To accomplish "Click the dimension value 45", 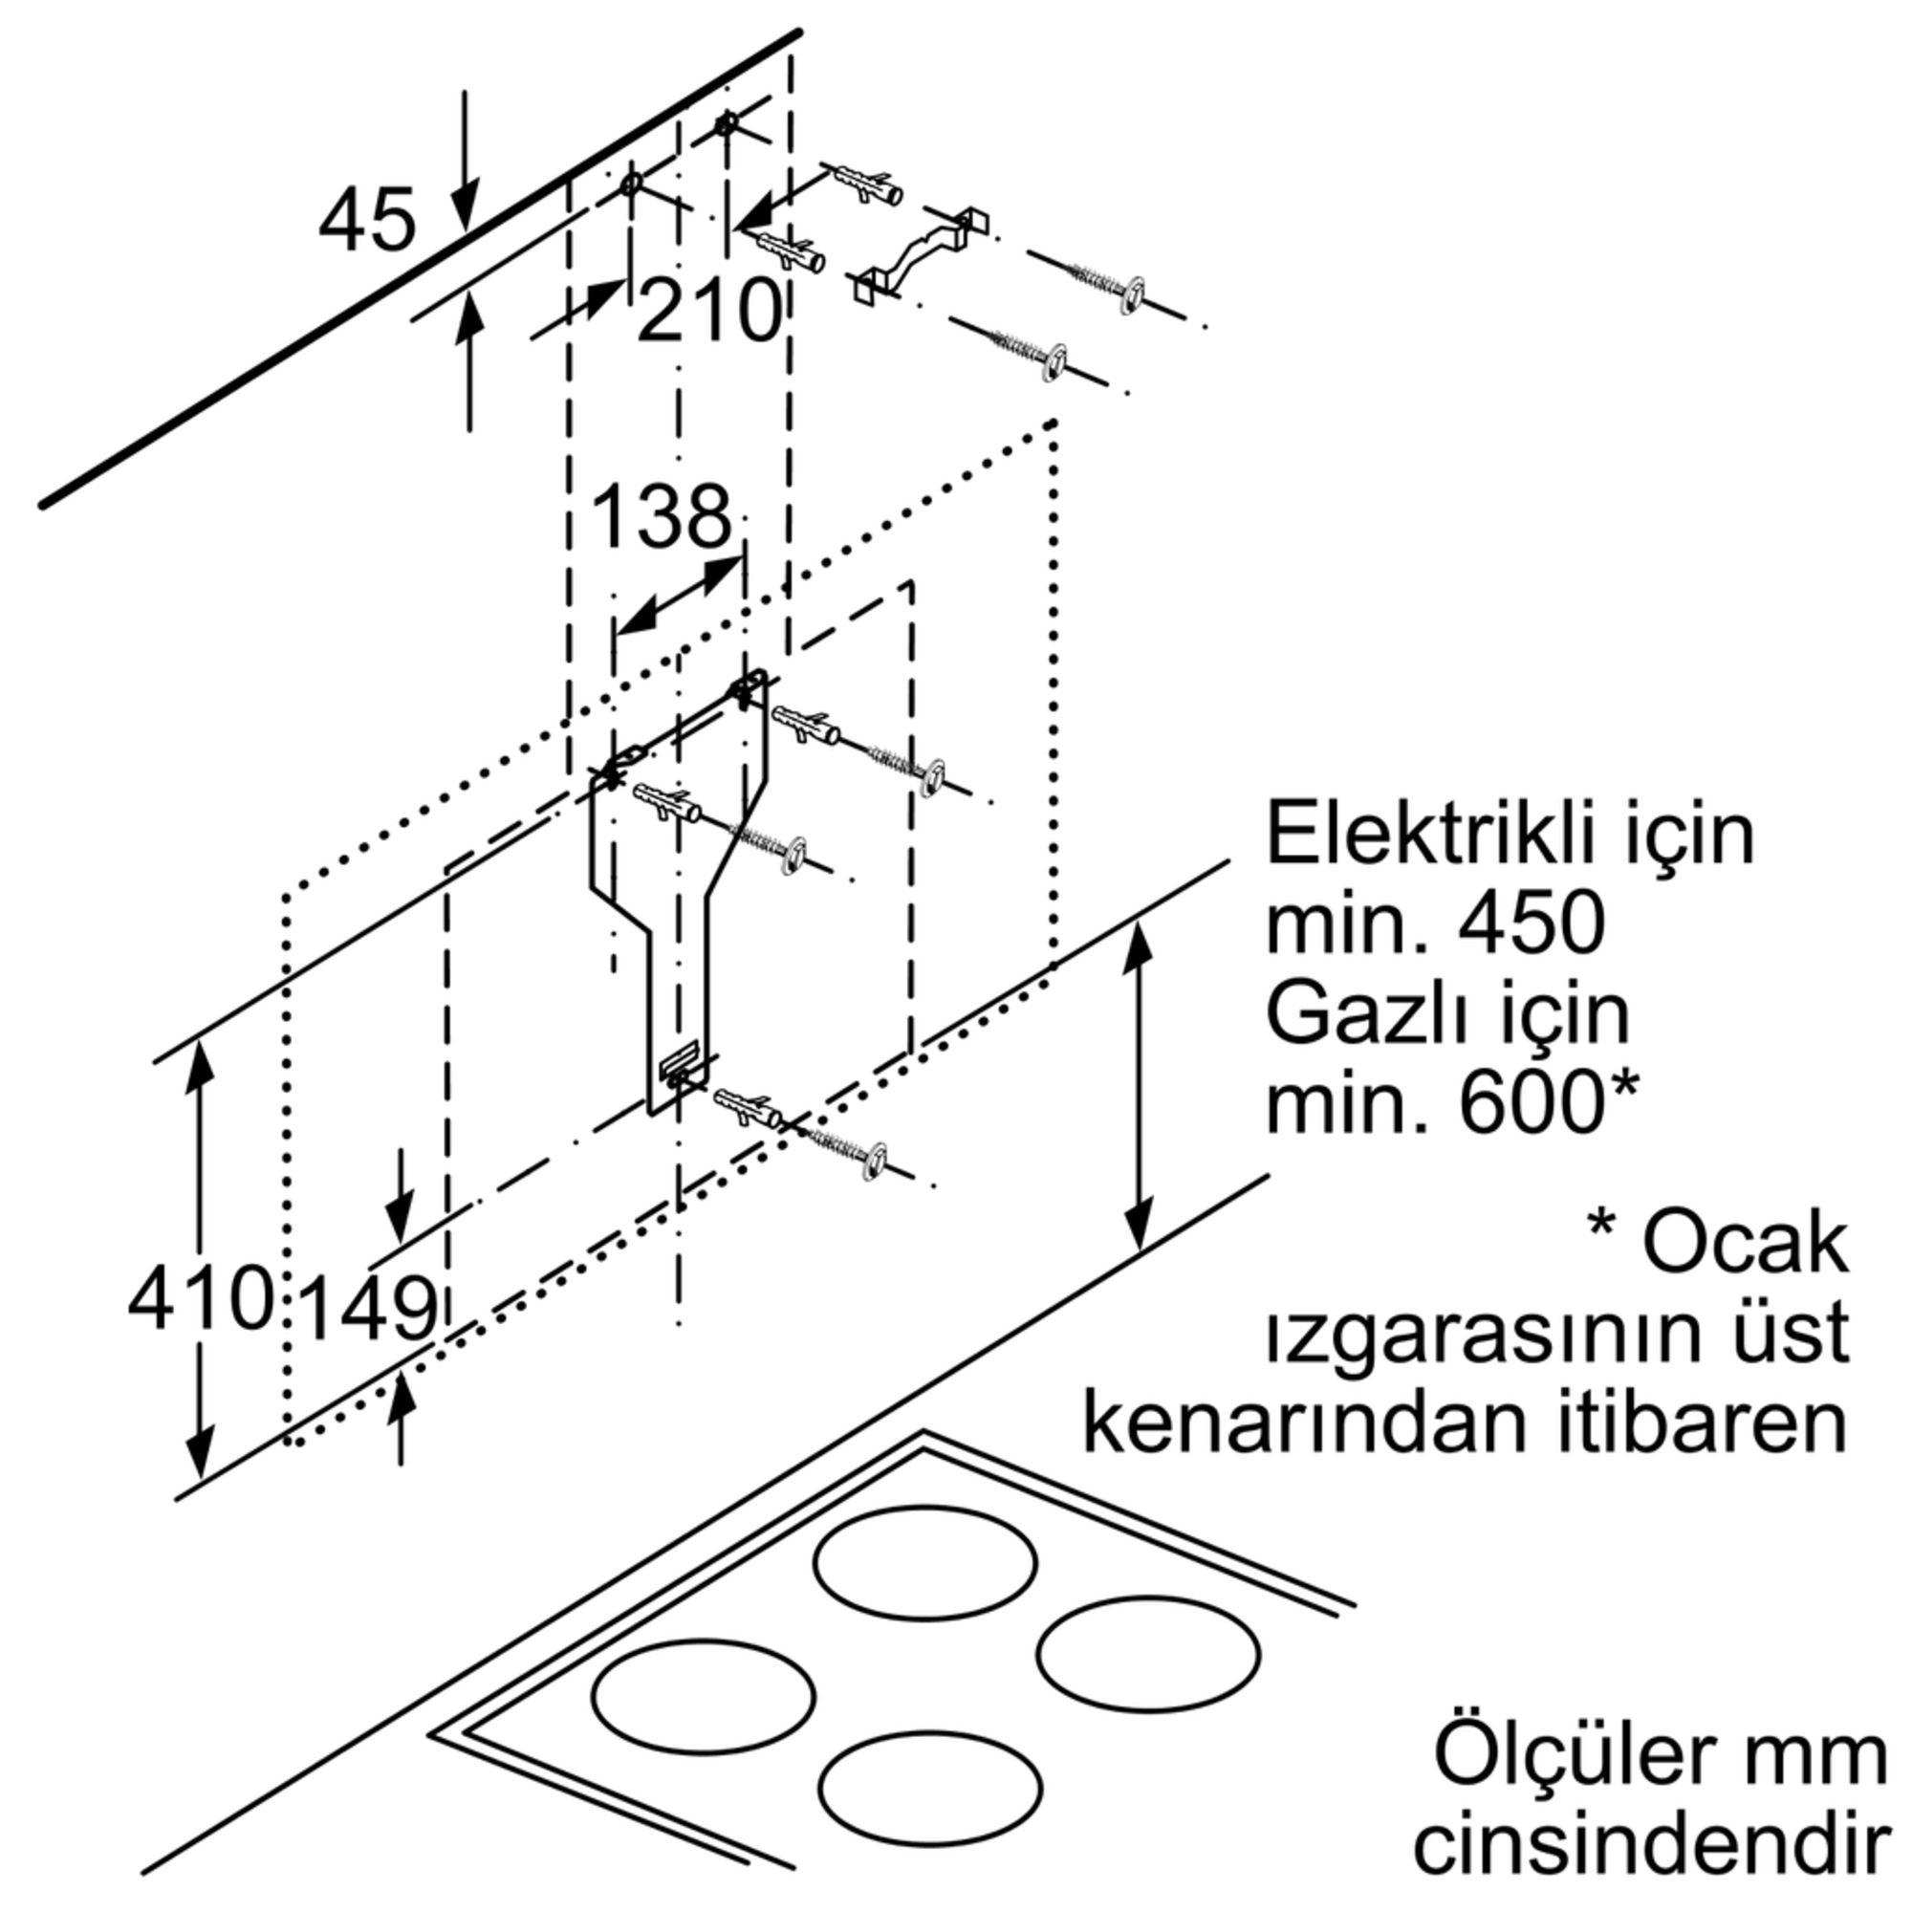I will click(x=366, y=221).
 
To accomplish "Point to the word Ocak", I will click(x=1746, y=1245).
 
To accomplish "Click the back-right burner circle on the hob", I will click(x=1148, y=1653).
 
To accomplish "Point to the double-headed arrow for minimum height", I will click(x=1140, y=1086).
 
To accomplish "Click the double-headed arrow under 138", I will click(x=678, y=596).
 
